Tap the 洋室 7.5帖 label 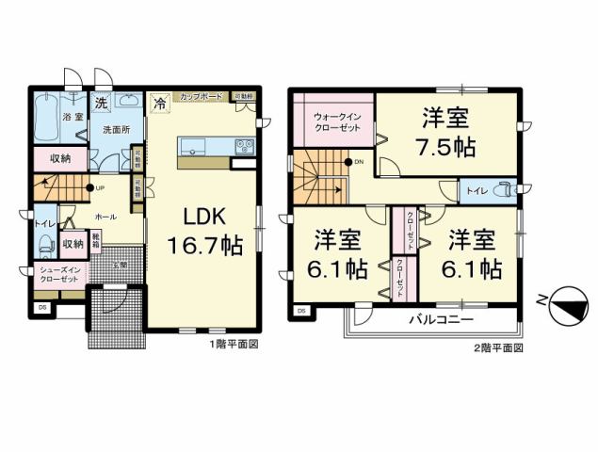coord(446,133)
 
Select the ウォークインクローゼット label coord(336,121)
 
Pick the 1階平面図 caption coord(232,345)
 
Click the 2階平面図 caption coord(497,347)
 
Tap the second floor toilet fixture coord(505,188)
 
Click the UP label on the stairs coord(98,187)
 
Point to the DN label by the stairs coord(358,162)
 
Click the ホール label coord(105,217)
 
